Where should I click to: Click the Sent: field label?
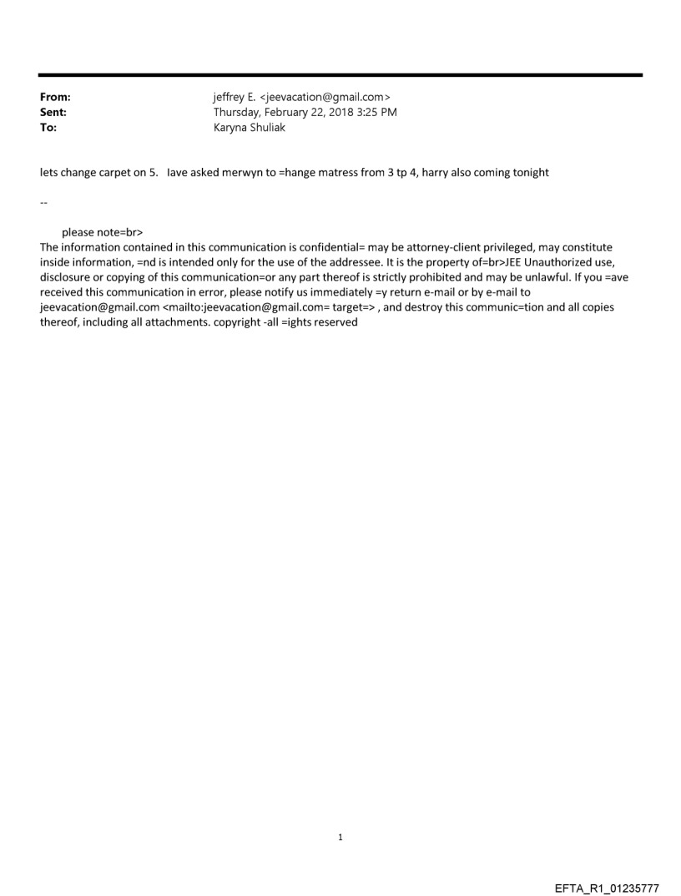pyautogui.click(x=53, y=113)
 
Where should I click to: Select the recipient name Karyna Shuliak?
pyautogui.click(x=250, y=128)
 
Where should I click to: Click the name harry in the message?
pyautogui.click(x=436, y=173)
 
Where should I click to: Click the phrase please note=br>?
pyautogui.click(x=97, y=232)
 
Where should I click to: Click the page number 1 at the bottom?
pyautogui.click(x=340, y=837)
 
